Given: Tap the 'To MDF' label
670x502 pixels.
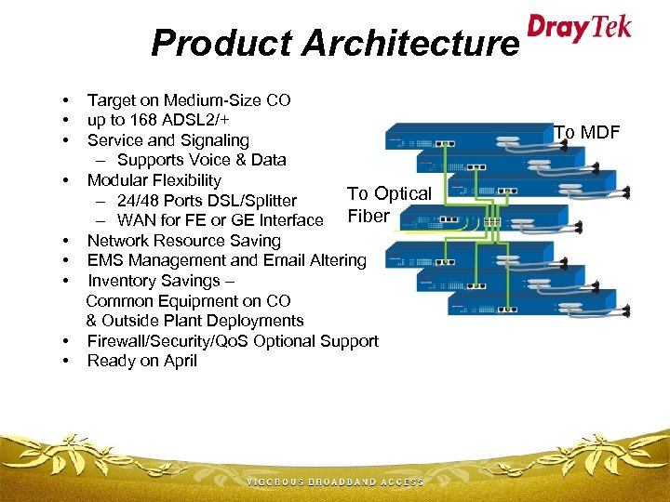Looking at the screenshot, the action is point(586,133).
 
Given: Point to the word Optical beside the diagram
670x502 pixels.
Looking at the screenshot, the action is point(401,194).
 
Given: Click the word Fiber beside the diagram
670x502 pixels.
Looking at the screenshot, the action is point(368,216).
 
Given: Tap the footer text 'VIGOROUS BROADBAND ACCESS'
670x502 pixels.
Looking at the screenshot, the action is point(335,482).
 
